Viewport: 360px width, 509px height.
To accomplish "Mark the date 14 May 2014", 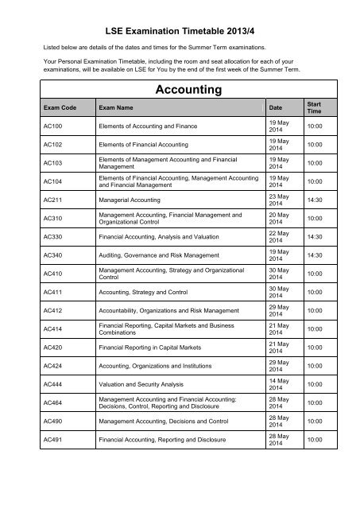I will [278, 383].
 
